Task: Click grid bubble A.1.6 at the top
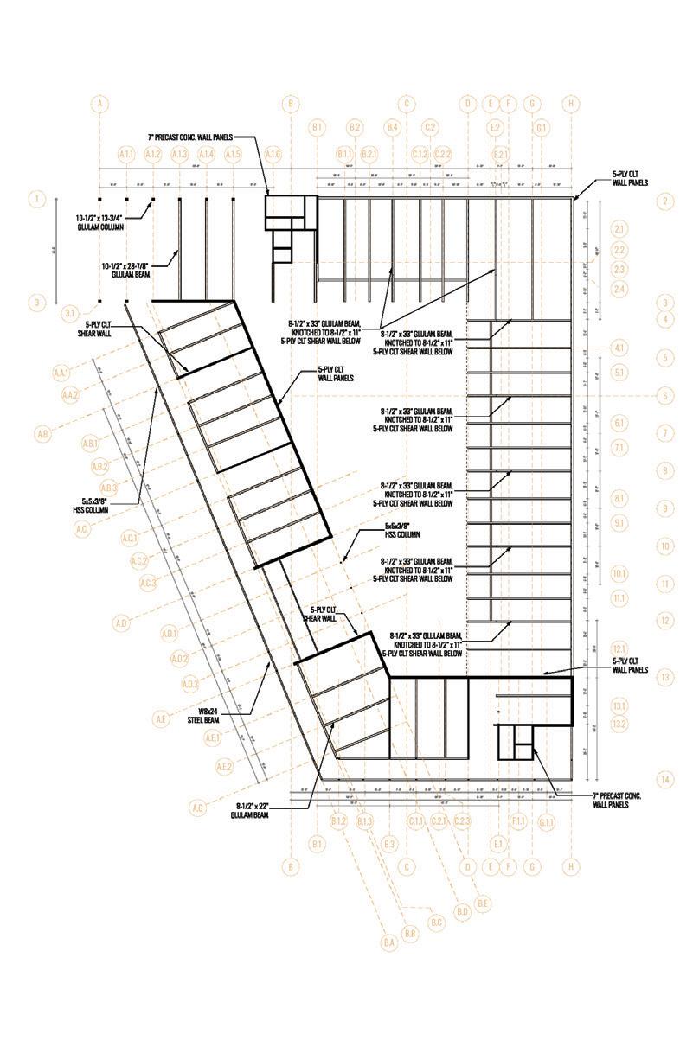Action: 273,154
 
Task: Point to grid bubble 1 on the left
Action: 36,199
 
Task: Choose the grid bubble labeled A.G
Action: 198,808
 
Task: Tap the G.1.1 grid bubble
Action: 547,823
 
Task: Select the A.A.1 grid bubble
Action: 61,373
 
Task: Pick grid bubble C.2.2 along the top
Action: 444,154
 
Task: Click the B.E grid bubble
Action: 484,903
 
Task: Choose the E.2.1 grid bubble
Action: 500,154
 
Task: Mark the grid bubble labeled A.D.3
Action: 191,685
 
